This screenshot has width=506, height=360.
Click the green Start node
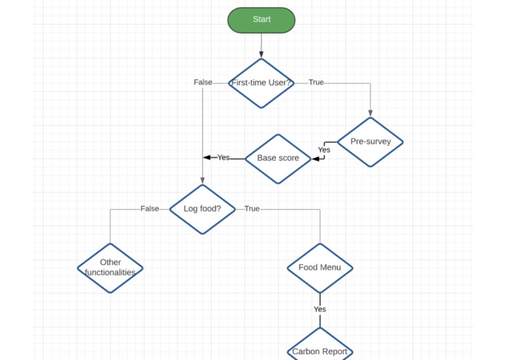click(261, 20)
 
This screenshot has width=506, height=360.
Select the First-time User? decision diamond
click(261, 83)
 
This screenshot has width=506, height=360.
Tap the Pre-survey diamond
click(371, 141)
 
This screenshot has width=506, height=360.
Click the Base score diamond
click(278, 158)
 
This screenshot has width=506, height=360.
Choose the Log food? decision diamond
click(202, 208)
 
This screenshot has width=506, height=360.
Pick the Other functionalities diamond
click(111, 267)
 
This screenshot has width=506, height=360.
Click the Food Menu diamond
click(320, 267)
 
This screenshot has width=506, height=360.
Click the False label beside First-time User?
click(203, 82)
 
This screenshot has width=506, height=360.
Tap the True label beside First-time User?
click(316, 82)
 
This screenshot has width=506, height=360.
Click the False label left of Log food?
click(150, 208)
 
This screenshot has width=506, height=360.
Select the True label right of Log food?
click(252, 208)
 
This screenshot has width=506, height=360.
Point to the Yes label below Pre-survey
click(324, 150)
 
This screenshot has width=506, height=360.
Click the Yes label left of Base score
click(224, 157)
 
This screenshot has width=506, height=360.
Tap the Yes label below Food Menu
click(320, 309)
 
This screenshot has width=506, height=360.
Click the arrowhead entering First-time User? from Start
click(261, 55)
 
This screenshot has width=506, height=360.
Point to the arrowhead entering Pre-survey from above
click(371, 114)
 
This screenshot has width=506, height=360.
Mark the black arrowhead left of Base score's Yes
click(207, 157)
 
